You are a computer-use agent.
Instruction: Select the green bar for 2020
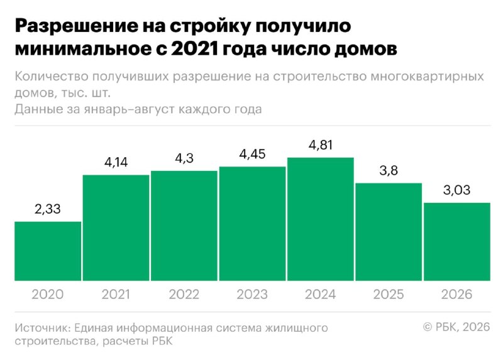click(x=48, y=251)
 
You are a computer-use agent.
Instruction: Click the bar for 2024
click(x=321, y=219)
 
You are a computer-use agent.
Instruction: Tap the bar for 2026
click(x=457, y=242)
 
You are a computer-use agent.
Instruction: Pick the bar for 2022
click(x=184, y=226)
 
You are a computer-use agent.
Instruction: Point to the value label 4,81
click(x=321, y=145)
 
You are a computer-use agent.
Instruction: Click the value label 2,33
click(x=48, y=209)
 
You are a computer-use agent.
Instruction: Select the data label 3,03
click(x=457, y=190)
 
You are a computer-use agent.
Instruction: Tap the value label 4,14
click(x=116, y=163)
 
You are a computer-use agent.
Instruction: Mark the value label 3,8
click(x=389, y=170)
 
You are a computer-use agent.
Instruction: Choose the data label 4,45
click(x=253, y=154)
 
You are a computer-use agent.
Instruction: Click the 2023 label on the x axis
click(x=252, y=294)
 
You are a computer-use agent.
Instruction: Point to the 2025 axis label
click(x=389, y=294)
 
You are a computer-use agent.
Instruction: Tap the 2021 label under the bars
click(x=116, y=294)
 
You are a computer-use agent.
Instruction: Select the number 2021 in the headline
click(x=194, y=49)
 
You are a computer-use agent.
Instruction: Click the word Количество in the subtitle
click(x=52, y=77)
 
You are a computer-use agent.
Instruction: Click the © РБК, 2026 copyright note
click(x=456, y=327)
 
